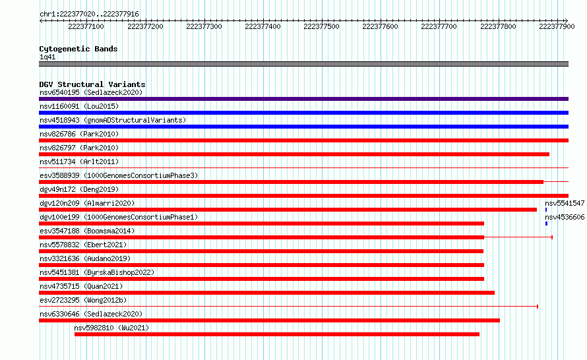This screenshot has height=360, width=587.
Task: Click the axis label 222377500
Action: (321, 26)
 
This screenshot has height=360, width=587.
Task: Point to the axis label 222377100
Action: (86, 26)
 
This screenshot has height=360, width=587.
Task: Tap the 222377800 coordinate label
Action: (498, 26)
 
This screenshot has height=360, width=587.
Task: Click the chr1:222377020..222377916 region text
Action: (89, 15)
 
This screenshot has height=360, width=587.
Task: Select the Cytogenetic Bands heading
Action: (78, 49)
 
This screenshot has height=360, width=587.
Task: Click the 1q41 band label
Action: (47, 57)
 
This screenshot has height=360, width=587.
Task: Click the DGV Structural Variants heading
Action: (92, 84)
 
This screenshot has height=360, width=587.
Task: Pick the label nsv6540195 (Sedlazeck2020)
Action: (91, 92)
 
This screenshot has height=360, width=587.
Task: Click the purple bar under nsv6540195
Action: (303, 99)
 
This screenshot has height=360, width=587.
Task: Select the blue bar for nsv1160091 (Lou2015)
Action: (303, 113)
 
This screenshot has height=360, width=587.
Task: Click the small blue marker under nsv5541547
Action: (546, 210)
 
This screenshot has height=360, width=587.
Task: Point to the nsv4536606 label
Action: (565, 217)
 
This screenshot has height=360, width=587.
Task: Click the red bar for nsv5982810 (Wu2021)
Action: (277, 334)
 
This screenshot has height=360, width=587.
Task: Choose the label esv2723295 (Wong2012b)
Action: (83, 300)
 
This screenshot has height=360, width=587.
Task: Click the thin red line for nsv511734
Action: (303, 167)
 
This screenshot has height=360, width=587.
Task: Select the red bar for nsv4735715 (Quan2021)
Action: (266, 293)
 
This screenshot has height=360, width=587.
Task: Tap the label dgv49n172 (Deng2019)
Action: (79, 189)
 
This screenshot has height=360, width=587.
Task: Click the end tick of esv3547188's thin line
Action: (552, 237)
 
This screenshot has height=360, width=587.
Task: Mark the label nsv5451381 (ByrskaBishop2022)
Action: (97, 272)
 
